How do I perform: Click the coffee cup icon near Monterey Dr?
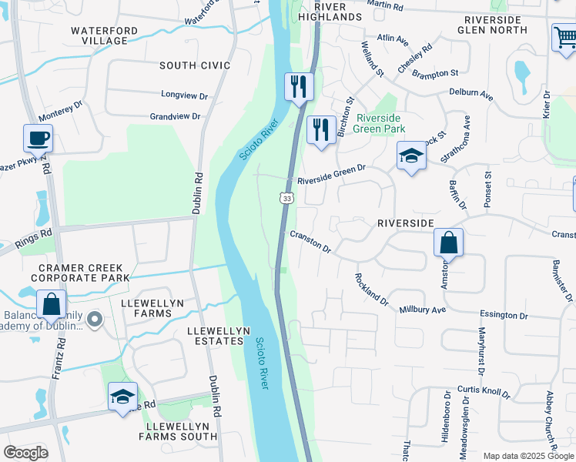point(38,139)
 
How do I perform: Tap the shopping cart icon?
point(564,37)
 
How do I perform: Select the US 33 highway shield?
point(286,198)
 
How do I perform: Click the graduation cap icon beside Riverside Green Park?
point(411,156)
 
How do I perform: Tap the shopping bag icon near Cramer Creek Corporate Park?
point(50,304)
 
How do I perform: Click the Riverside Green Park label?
point(380,123)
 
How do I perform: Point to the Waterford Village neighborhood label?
point(99,35)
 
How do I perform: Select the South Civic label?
point(195,65)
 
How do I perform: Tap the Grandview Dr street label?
point(175,117)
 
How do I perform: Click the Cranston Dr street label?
point(310,243)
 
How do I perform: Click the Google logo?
point(25,452)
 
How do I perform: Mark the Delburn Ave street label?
point(471,93)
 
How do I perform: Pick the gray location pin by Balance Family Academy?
point(94,318)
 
